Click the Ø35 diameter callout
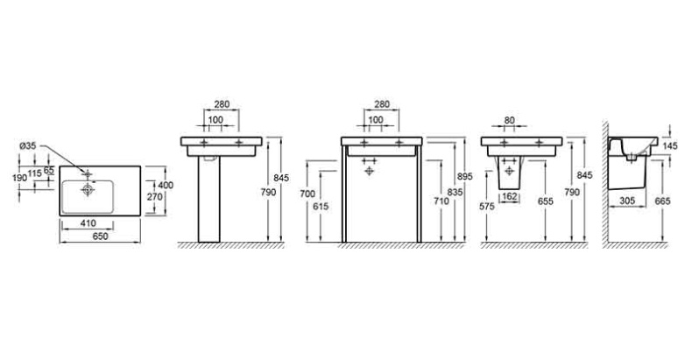(x=27, y=146)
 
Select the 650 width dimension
(x=100, y=236)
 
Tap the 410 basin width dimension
(x=88, y=223)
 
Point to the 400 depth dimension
(x=166, y=186)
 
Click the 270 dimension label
(x=154, y=197)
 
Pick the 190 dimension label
(x=19, y=178)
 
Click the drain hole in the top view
(x=88, y=190)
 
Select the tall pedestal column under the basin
(x=208, y=199)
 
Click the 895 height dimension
(x=465, y=176)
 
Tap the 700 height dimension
(x=307, y=194)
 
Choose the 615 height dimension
(x=321, y=206)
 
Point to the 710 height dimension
(x=441, y=201)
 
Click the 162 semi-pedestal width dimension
(x=509, y=196)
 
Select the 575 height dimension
(x=487, y=206)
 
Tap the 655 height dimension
(x=546, y=201)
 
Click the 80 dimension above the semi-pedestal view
(x=509, y=120)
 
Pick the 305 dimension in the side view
(x=627, y=201)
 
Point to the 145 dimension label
(x=670, y=146)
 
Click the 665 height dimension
(x=662, y=201)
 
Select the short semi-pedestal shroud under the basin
(x=509, y=173)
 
